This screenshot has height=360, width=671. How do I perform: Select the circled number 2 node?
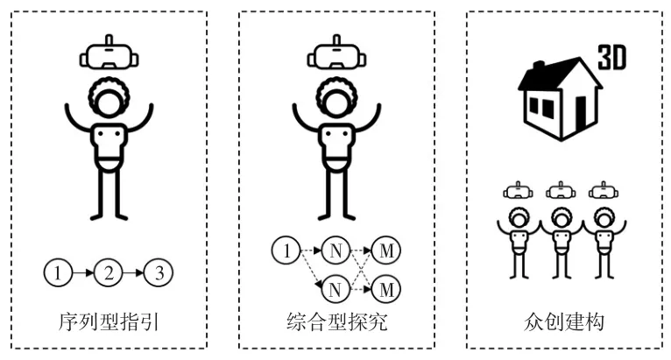pos(109,273)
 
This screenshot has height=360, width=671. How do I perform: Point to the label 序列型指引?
pos(109,322)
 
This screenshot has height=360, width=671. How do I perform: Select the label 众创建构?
pos(560,322)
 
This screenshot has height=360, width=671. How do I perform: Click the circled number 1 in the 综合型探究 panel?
pos(286,251)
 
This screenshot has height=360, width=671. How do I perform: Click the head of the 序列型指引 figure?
pos(109,101)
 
